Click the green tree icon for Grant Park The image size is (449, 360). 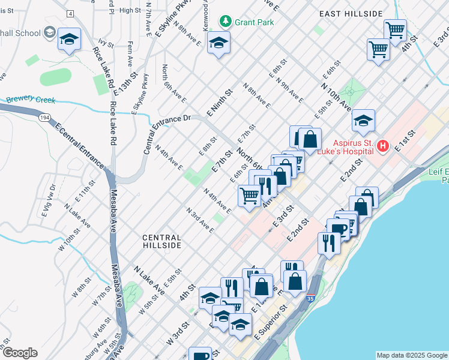point(226,22)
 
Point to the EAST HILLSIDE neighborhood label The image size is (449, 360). point(351,14)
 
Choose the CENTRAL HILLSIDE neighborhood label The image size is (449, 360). point(161,241)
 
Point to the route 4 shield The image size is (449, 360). point(71,13)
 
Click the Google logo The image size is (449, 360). point(19,353)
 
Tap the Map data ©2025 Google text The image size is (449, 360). point(411,355)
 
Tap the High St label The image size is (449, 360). point(130,10)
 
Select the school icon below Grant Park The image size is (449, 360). point(218,43)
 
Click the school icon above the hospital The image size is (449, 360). point(363,122)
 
